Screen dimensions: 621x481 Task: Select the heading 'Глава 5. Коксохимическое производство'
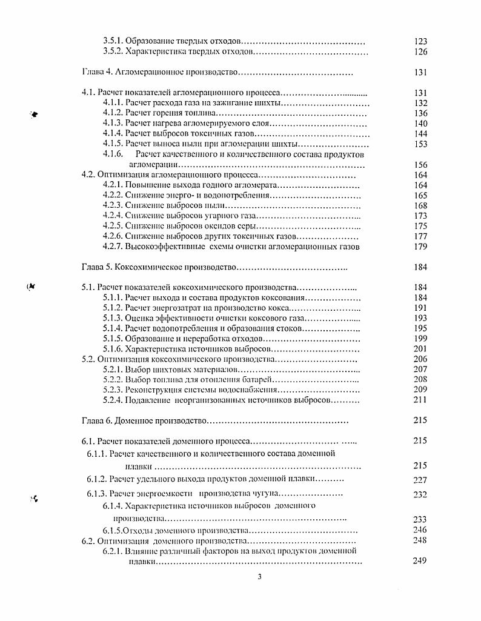coord(158,267)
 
